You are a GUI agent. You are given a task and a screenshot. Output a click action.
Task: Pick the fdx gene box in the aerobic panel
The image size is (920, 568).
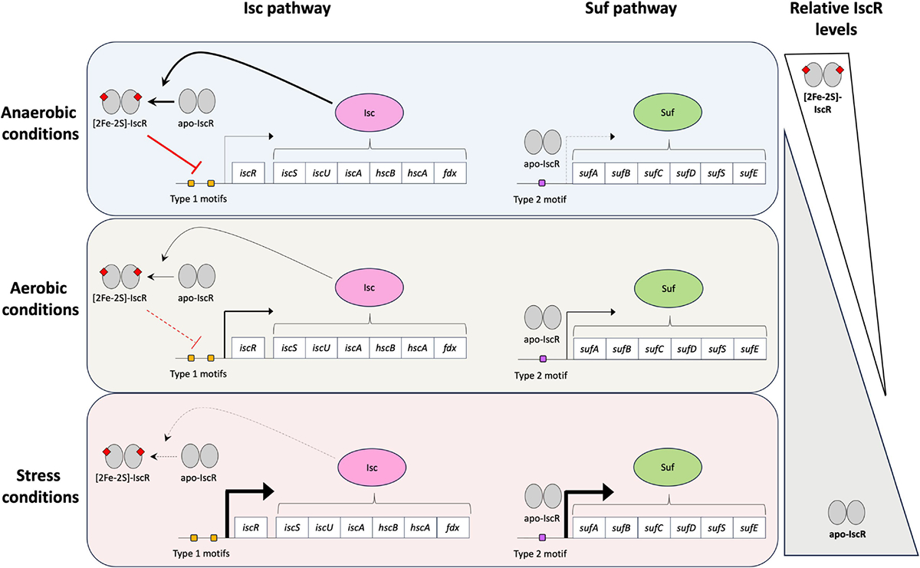click(x=449, y=348)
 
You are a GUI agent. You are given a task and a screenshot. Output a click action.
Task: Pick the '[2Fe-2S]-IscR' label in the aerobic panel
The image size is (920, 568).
click(x=124, y=294)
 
